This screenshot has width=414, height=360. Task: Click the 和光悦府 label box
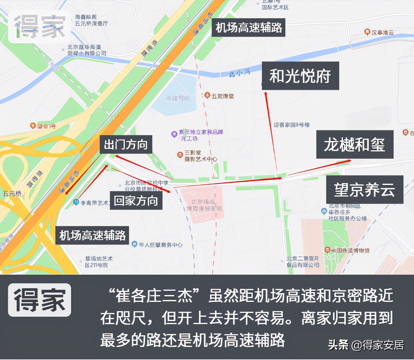(x=300, y=76)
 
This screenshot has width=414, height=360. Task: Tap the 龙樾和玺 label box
(x=355, y=144)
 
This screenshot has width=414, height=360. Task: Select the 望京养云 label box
(x=365, y=190)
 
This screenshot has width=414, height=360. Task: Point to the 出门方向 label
(x=126, y=144)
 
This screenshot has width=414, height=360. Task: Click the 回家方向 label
(x=136, y=201)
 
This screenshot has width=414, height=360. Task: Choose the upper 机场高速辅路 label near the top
(x=248, y=28)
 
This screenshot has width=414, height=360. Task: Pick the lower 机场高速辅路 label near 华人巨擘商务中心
(x=92, y=235)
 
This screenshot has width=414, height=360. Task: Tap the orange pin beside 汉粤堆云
(x=367, y=32)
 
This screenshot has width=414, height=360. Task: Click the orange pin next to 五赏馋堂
(x=207, y=95)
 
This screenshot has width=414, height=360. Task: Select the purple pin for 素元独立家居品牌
(x=174, y=134)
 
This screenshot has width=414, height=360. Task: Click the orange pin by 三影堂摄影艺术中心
(x=180, y=155)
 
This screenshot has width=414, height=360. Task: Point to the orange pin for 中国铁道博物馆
(x=327, y=250)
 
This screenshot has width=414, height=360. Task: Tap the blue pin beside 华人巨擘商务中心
(x=134, y=244)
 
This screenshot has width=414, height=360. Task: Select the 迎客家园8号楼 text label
(x=291, y=125)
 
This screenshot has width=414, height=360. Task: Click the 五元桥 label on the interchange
(x=12, y=194)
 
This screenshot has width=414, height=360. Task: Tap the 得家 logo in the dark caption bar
(x=40, y=300)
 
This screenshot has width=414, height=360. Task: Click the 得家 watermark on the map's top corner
(x=40, y=27)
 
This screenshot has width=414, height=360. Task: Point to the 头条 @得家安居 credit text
(x=366, y=345)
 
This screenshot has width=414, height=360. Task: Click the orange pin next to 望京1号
(x=33, y=126)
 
